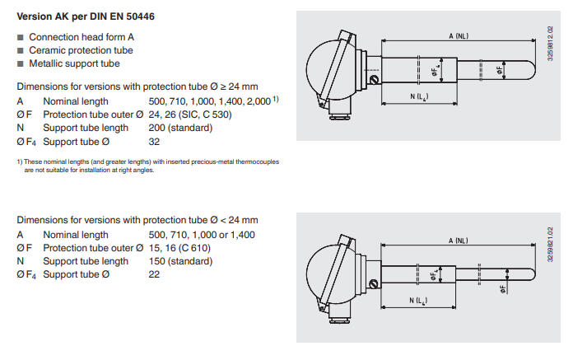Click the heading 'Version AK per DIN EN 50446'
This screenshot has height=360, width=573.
pos(86,16)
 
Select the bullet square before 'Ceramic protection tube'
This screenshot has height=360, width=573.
pos(21,50)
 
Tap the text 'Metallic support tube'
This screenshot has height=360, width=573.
pos(74,63)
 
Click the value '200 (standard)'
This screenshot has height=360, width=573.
pos(180,128)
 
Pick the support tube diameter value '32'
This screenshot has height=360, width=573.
pos(154,142)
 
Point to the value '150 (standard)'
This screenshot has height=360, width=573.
pos(180,261)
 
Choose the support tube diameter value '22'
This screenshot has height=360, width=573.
pos(154,274)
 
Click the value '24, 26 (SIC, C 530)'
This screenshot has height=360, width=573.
pos(190,115)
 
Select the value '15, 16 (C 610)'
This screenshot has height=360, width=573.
pos(179,248)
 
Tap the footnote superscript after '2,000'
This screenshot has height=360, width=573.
pos(276,99)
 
